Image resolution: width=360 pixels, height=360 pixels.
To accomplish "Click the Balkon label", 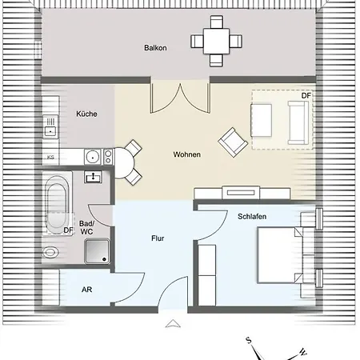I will click(155, 48).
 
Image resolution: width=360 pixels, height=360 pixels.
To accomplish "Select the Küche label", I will click(86, 114).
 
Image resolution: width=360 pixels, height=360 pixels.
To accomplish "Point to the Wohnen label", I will click(186, 154).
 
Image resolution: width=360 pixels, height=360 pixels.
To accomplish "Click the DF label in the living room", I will click(306, 97).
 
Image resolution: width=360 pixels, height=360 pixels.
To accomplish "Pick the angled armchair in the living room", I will click(233, 142).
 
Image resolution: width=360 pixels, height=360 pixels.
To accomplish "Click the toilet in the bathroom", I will click(52, 252).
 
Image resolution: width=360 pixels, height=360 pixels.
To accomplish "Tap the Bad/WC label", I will click(86, 227).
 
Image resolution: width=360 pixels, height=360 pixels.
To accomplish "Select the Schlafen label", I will click(253, 217).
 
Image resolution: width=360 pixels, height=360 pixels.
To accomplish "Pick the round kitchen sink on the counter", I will click(93, 156).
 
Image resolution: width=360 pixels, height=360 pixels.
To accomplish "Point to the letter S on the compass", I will click(249, 340).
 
